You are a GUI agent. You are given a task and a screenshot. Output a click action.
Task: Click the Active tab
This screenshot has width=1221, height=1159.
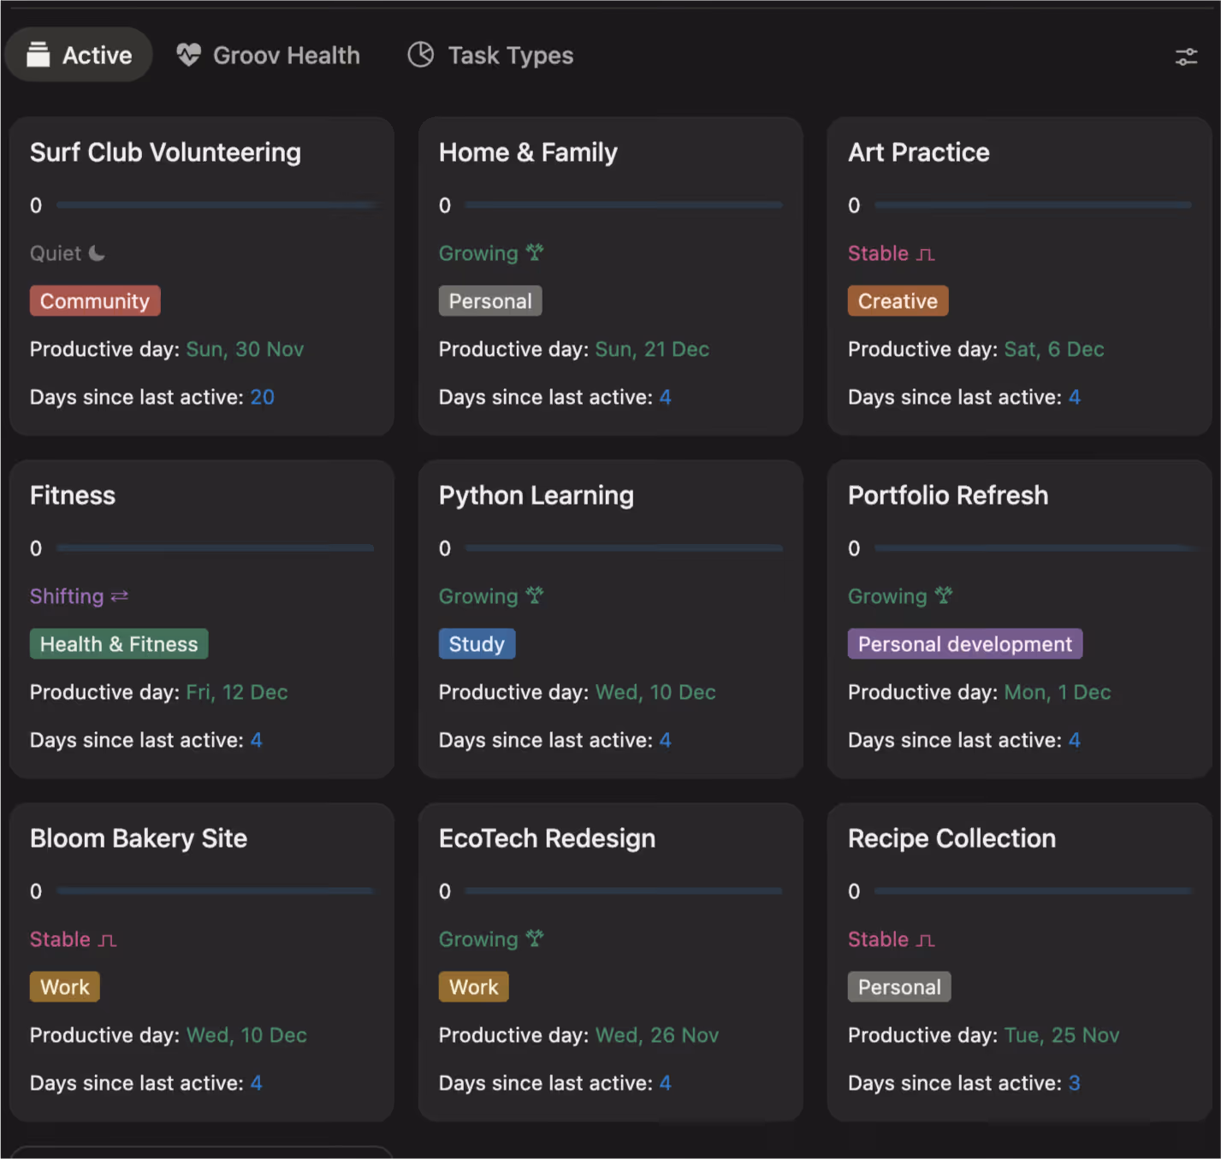tap(79, 56)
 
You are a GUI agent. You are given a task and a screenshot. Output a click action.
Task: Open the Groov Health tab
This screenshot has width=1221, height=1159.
tap(269, 56)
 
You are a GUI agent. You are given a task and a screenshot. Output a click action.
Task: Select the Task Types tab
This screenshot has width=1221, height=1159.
tap(490, 56)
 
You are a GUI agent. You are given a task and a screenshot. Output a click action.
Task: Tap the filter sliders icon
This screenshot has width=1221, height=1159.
tap(1186, 56)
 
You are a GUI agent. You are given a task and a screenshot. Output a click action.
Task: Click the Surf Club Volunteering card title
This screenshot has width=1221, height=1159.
tap(166, 153)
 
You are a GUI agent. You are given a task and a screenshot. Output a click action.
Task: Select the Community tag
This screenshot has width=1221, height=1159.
tap(95, 301)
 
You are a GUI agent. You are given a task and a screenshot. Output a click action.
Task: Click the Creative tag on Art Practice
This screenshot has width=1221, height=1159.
tap(898, 301)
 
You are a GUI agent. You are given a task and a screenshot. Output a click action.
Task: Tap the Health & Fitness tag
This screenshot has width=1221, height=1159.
tap(119, 644)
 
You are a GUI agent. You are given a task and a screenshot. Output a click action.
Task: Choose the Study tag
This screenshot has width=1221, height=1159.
tap(477, 644)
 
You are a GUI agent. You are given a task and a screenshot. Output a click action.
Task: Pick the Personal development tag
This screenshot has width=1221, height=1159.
tap(965, 644)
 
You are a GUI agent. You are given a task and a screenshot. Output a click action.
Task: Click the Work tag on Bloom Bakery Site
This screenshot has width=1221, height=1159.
tap(65, 987)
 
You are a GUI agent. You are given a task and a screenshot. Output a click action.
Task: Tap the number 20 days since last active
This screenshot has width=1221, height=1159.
tap(262, 397)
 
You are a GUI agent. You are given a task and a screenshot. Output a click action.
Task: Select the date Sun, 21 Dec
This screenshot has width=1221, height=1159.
tap(652, 350)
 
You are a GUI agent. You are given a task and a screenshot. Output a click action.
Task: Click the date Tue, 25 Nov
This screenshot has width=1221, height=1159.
tap(1062, 1035)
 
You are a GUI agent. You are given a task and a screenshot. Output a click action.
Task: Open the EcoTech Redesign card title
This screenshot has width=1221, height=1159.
tap(547, 838)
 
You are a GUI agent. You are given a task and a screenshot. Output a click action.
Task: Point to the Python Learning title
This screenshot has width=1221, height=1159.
tap(536, 496)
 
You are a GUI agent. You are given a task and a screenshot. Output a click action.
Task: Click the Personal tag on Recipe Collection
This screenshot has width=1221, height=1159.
tap(899, 987)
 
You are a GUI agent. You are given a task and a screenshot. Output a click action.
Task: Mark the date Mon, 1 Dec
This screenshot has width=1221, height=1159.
tap(1058, 693)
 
